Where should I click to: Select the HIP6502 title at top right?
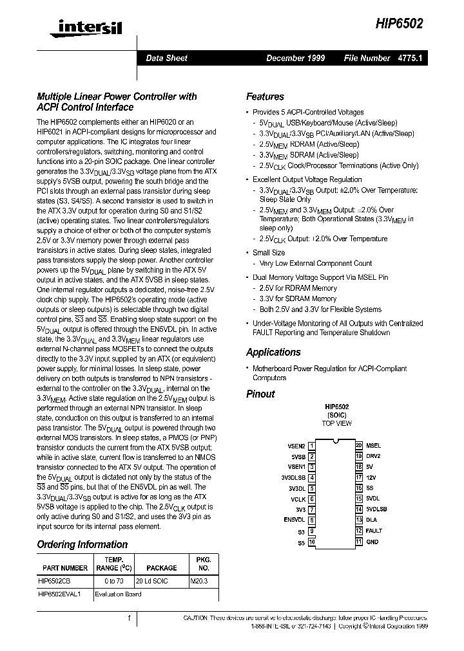click(x=400, y=24)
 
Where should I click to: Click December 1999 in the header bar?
click(x=295, y=58)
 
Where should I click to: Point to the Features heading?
click(x=265, y=96)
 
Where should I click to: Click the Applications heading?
click(x=273, y=352)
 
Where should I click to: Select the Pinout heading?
click(x=260, y=394)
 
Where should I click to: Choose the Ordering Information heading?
click(x=81, y=544)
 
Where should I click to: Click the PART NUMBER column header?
click(x=65, y=568)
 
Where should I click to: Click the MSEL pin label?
click(x=373, y=445)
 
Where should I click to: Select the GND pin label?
click(x=372, y=542)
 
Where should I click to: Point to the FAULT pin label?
click(x=374, y=531)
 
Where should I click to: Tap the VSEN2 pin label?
click(x=296, y=445)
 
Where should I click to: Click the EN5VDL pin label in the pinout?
click(x=295, y=519)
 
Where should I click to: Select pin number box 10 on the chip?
click(x=312, y=542)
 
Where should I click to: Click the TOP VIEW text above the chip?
click(x=336, y=423)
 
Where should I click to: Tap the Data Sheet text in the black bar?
click(x=166, y=58)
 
